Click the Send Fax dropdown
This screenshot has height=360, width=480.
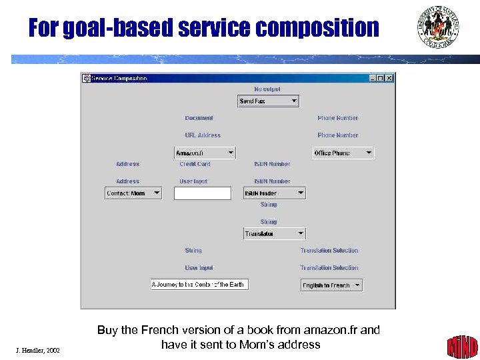point(269,101)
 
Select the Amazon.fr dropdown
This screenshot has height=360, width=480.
point(205,153)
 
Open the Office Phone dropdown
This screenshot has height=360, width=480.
point(343,153)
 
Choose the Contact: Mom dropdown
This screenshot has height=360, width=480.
point(133,193)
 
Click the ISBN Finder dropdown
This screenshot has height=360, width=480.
point(274,193)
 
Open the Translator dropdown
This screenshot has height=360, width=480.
point(274,234)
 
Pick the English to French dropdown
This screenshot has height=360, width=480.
point(331,285)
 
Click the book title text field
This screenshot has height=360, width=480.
point(199,285)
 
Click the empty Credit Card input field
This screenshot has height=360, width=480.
point(203,193)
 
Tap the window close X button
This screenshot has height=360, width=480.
point(389,78)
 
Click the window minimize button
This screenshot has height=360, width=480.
point(373,78)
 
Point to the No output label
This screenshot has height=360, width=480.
point(267,89)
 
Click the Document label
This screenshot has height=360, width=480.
point(199,118)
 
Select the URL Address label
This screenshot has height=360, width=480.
point(203,135)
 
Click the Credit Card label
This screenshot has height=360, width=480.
point(195,164)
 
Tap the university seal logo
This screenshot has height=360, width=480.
point(438,27)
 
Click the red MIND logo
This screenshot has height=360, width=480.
point(462,346)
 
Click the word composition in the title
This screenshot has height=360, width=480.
point(317,28)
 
